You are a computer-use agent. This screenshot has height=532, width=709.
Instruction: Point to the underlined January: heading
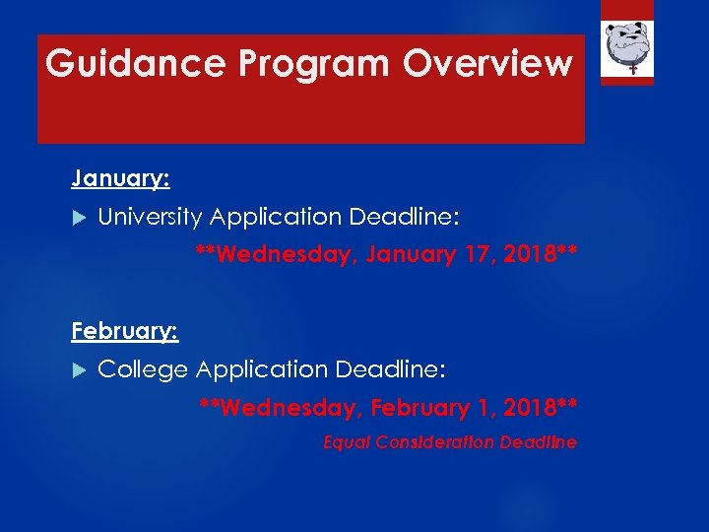coord(120,178)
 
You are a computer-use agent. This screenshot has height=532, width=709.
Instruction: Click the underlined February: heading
coord(124,331)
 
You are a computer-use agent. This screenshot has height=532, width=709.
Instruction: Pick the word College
coord(143,369)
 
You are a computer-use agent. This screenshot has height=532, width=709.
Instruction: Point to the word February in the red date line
coord(419,407)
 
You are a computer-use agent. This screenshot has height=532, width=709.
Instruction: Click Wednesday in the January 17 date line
coord(287,255)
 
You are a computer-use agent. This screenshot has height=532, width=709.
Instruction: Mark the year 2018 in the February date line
coord(537,407)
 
